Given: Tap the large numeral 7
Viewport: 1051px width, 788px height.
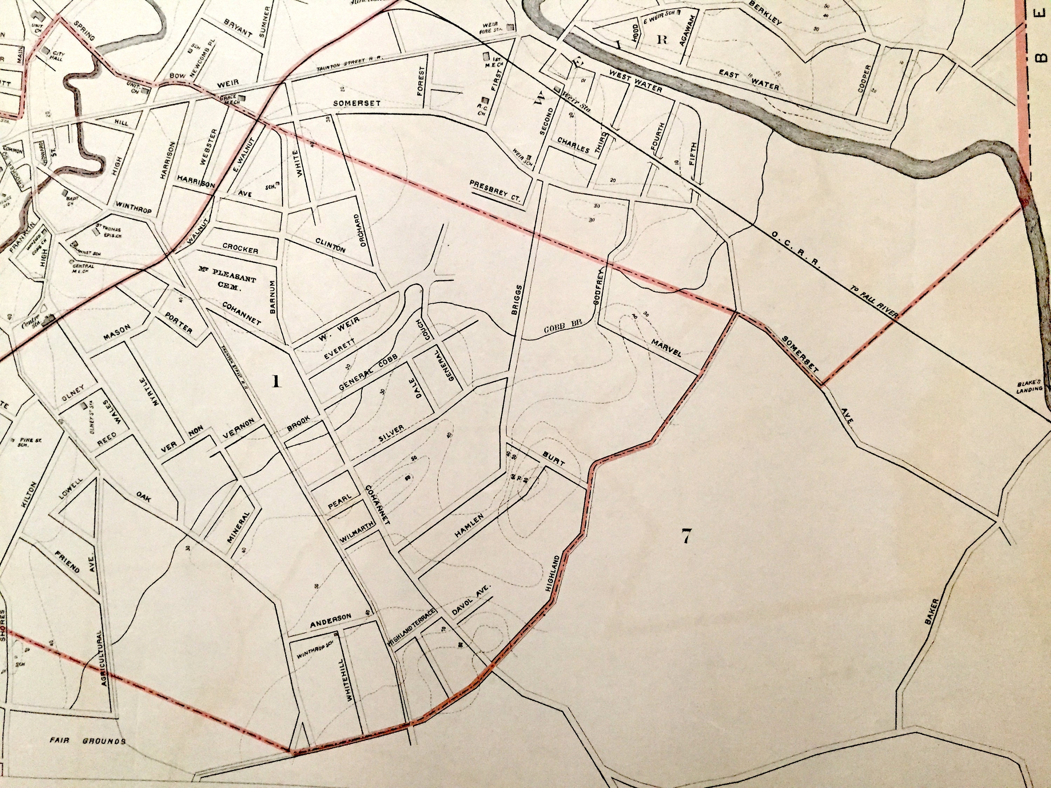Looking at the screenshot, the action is [x=686, y=536].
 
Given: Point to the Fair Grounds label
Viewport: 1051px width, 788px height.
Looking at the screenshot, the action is [x=88, y=741].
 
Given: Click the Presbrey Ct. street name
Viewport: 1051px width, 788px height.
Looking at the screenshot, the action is [x=495, y=190].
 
